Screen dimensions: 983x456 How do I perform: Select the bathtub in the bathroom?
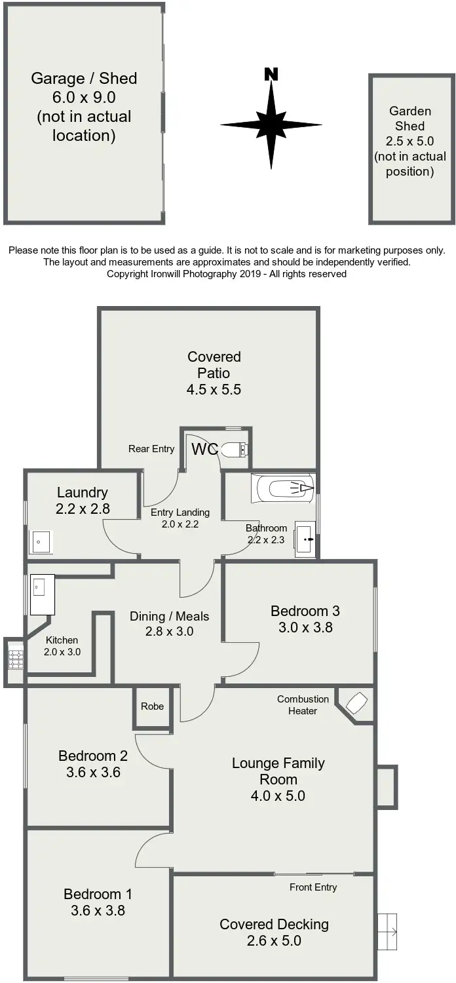284,488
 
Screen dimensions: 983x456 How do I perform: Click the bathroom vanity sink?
304,539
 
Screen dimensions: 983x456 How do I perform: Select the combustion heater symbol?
357,703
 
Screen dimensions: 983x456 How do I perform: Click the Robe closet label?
153,706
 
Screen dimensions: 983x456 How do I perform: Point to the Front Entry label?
313,887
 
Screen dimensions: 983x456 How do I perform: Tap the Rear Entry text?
151,449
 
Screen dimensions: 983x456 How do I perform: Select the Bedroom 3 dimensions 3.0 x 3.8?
305,627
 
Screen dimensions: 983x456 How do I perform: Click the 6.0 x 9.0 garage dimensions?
84,98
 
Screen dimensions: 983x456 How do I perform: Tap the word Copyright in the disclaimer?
128,274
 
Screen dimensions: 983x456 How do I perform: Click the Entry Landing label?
180,512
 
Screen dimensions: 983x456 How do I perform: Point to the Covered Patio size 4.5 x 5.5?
214,389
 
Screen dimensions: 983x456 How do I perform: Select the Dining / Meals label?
169,616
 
